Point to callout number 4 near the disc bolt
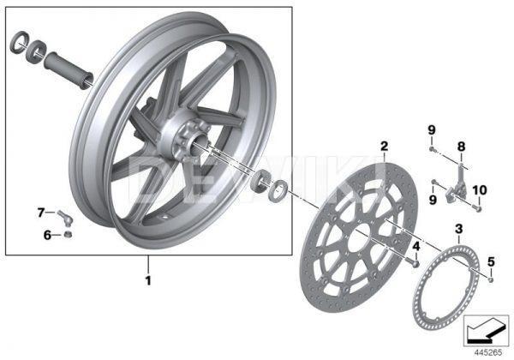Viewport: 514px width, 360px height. point(415,247)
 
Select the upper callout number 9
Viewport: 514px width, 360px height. point(433,129)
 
